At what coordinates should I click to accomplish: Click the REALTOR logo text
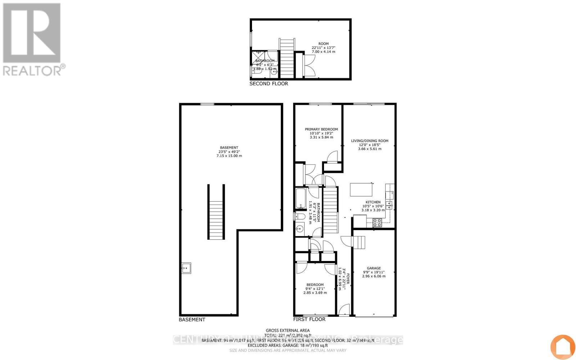click(x=32, y=70)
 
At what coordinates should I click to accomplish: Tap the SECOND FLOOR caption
click(x=269, y=84)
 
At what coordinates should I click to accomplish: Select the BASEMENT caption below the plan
click(x=192, y=319)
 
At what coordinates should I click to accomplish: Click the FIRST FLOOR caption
click(x=309, y=319)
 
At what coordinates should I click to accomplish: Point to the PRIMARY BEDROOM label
click(x=321, y=129)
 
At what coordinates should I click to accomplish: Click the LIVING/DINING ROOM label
click(x=370, y=141)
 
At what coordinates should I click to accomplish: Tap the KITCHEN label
click(x=373, y=202)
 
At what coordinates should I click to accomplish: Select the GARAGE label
click(x=374, y=268)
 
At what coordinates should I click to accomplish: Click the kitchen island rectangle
click(x=362, y=189)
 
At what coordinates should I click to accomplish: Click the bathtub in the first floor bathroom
click(x=301, y=198)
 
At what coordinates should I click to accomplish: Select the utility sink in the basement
click(x=186, y=268)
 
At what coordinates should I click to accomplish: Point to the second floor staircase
click(x=287, y=58)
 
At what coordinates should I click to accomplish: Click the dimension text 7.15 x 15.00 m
click(x=229, y=156)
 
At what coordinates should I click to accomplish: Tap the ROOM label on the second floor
click(x=323, y=44)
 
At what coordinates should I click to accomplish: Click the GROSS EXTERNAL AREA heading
click(x=288, y=330)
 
